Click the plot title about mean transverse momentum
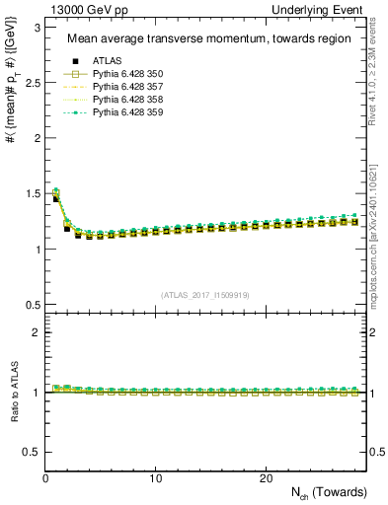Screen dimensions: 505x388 click(202, 39)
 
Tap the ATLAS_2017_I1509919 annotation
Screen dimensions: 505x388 click(204, 294)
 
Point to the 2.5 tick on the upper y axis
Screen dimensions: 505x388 click(32, 83)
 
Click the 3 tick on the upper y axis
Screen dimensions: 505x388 click(36, 28)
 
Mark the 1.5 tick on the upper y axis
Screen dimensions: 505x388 click(32, 193)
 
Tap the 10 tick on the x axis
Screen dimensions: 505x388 click(155, 478)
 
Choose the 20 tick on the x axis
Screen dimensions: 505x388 click(265, 478)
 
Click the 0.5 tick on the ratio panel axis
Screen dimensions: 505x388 click(32, 452)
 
